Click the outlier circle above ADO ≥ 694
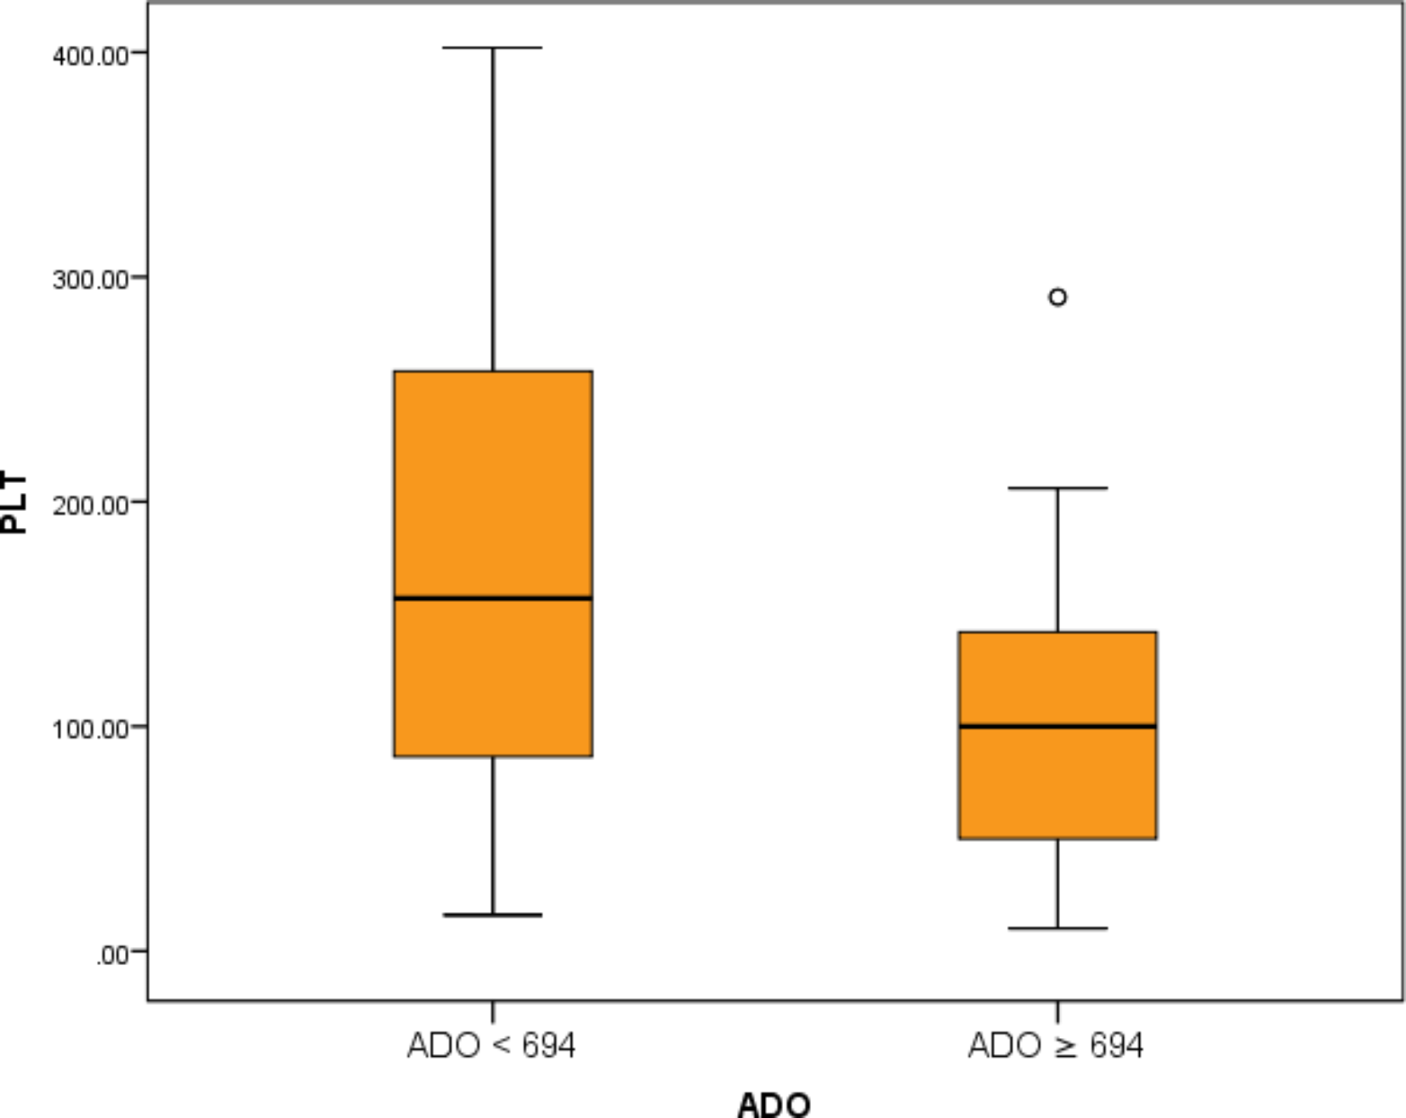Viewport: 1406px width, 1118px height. [x=1057, y=298]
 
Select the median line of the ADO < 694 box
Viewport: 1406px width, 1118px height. [x=493, y=599]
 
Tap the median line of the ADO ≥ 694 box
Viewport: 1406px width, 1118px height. [x=1057, y=726]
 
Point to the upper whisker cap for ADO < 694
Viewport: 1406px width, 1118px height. [x=493, y=48]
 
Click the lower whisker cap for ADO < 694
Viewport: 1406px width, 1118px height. [x=493, y=915]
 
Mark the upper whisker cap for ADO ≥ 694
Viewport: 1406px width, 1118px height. [x=1057, y=488]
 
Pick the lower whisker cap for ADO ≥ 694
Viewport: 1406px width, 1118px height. [x=1057, y=928]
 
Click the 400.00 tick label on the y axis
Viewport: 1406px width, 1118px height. [x=90, y=56]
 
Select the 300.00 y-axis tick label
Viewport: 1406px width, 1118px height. [x=90, y=280]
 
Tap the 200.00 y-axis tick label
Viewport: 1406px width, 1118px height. [x=90, y=505]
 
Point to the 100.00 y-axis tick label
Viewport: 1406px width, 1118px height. [x=90, y=729]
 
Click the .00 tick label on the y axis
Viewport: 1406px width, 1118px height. [x=111, y=955]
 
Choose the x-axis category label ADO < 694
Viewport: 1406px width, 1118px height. [x=491, y=1045]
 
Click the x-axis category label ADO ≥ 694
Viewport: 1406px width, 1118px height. [x=1056, y=1045]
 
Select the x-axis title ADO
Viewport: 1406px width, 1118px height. [x=774, y=1104]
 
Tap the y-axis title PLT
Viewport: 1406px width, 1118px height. [x=14, y=503]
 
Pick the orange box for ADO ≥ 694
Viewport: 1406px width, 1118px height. [x=1057, y=782]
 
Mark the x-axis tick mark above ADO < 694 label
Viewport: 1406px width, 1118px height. [x=493, y=1012]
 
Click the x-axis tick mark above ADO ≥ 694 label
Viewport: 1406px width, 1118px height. [x=1057, y=1012]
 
